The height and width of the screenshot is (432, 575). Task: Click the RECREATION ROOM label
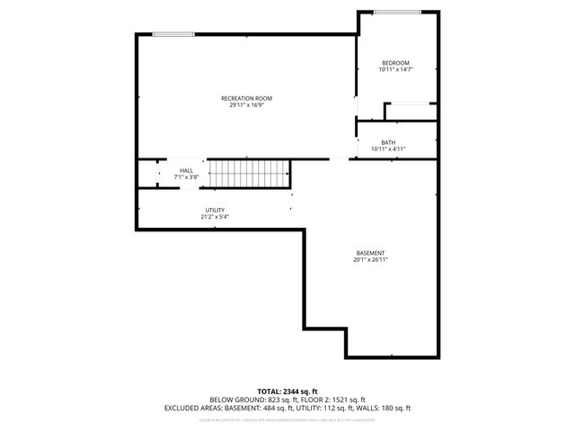pos(246,98)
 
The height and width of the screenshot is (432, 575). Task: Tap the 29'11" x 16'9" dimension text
pos(246,104)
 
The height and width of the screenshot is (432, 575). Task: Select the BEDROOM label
pos(395,63)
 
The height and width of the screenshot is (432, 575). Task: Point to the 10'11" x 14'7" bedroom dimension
pos(395,69)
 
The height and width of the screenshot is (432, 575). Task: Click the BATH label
pos(388,142)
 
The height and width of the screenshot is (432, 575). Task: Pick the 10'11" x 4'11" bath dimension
pos(388,148)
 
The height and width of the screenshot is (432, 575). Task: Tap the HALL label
pos(186,170)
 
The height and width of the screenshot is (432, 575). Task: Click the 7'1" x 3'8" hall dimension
pos(186,176)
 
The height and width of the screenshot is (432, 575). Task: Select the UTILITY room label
pos(214,211)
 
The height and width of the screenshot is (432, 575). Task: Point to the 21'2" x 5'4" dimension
pos(214,217)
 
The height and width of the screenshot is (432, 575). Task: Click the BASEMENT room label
pos(371,253)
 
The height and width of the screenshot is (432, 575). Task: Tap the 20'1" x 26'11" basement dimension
pos(371,259)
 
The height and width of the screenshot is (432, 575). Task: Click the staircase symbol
pos(250,172)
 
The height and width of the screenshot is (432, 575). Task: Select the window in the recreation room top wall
pos(173,34)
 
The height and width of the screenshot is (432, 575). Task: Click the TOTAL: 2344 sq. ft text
pos(287,391)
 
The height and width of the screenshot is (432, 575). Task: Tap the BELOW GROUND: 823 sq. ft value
pos(247,399)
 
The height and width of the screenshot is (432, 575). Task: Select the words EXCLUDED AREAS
pos(191,407)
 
